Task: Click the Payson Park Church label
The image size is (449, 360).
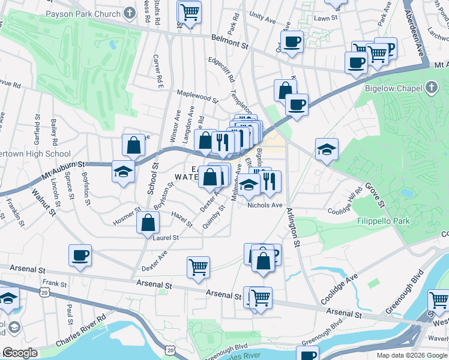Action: click(x=92, y=13)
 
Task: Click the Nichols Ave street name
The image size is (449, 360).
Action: click(x=265, y=205)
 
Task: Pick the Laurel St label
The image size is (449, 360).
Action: click(x=166, y=238)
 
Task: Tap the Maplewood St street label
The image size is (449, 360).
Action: click(x=197, y=95)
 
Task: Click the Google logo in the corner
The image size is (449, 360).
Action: click(x=20, y=353)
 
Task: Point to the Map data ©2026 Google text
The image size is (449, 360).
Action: click(x=412, y=355)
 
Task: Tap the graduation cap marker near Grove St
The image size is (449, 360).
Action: click(x=327, y=149)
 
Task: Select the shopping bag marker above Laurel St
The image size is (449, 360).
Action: click(x=148, y=223)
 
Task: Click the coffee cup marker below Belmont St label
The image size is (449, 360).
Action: click(x=292, y=42)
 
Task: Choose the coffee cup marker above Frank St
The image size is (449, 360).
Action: click(x=80, y=256)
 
